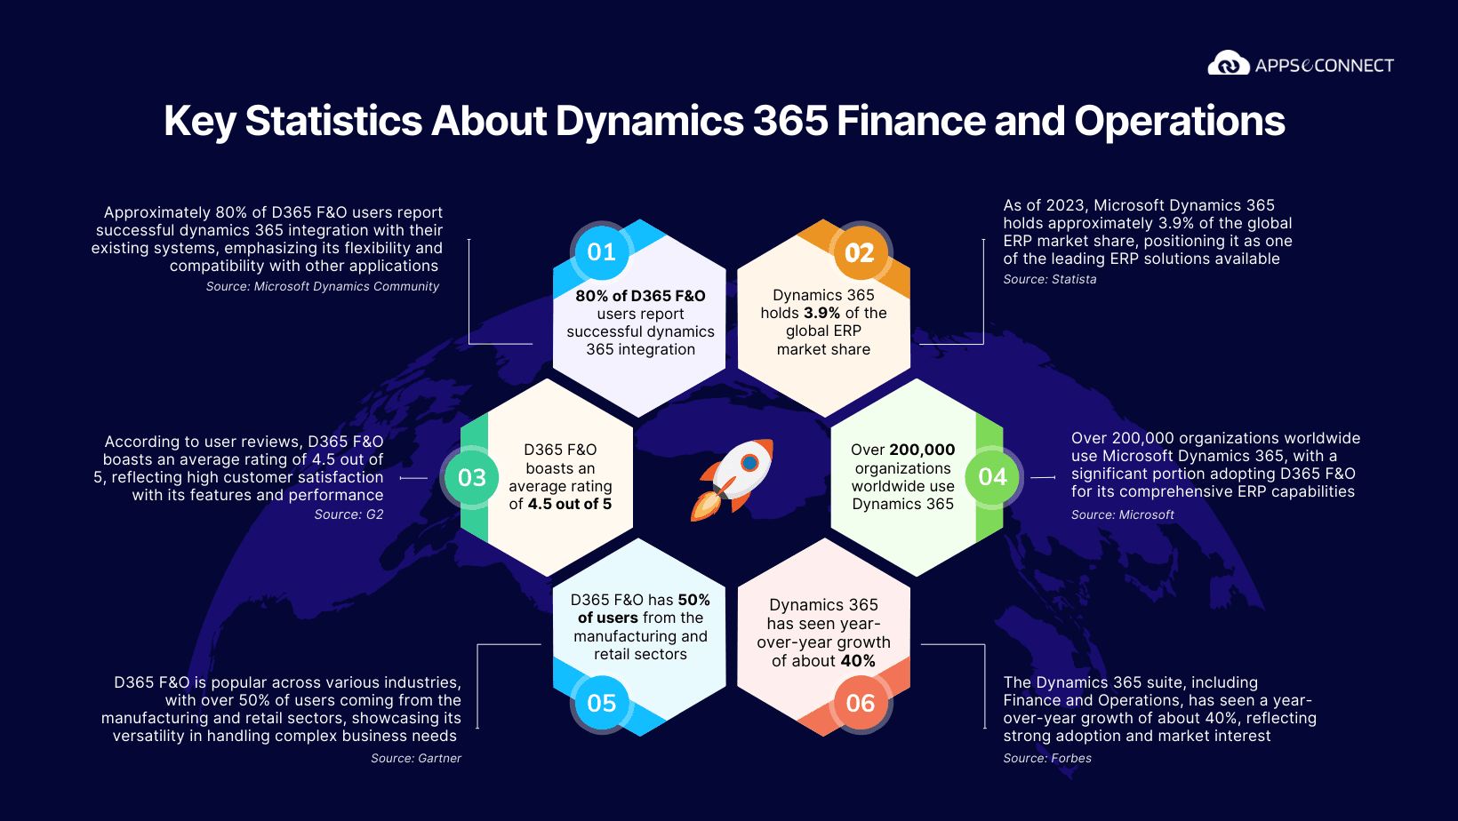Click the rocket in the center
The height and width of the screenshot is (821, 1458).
tap(733, 480)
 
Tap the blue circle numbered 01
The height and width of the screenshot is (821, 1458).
tap(601, 252)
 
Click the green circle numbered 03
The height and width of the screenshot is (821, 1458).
tap(472, 477)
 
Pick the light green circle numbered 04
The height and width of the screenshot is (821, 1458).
tap(993, 477)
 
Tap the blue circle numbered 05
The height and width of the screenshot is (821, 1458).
tap(601, 703)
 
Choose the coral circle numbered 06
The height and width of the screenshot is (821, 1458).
tap(860, 703)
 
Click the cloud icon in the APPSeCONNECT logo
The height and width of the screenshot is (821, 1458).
tap(1229, 63)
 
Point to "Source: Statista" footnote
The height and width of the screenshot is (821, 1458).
tap(1049, 279)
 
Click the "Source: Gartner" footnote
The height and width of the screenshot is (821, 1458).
tap(416, 758)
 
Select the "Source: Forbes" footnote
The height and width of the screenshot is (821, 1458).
tap(1046, 758)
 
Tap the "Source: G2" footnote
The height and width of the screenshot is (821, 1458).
tap(348, 514)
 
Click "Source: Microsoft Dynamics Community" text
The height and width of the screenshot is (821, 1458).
tap(322, 286)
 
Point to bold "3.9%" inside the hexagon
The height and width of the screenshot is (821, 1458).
tap(821, 313)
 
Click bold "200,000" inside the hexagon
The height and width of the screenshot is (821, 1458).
tap(922, 450)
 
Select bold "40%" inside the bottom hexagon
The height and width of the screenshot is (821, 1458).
tap(858, 661)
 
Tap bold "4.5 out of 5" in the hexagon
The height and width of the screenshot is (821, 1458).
tap(570, 504)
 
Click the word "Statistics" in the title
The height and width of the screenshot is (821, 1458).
tap(333, 121)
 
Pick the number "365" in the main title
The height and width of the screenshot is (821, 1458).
tap(790, 121)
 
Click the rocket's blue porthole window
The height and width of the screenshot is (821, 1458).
tap(749, 463)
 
